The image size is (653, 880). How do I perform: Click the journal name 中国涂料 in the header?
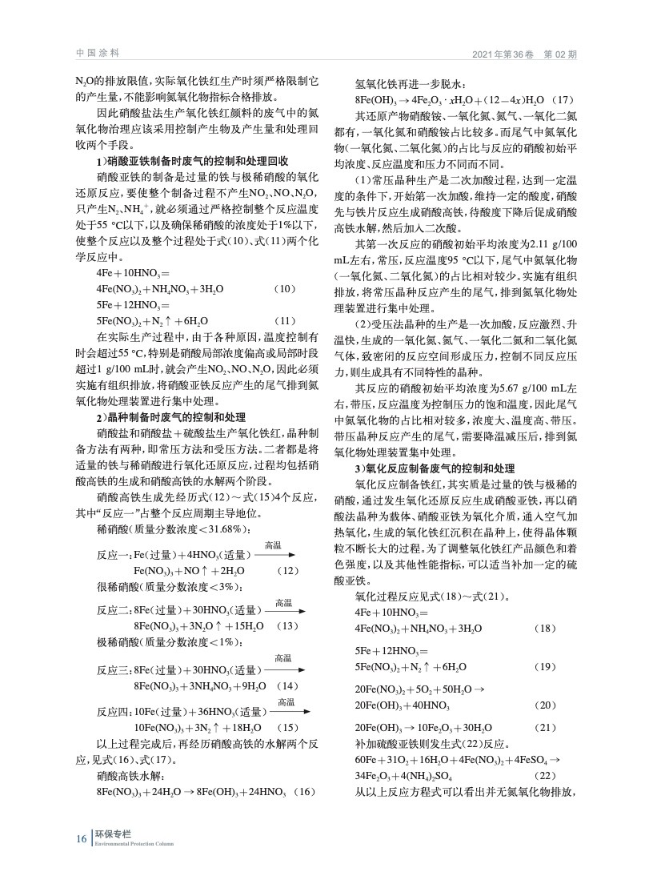98,54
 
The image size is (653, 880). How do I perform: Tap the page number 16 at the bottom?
81,838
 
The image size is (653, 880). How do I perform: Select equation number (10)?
286,288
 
